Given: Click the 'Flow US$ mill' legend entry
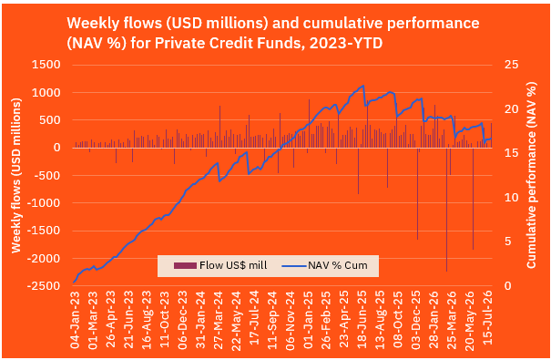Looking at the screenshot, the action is (220, 265).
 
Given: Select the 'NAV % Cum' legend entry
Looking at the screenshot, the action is (325, 265).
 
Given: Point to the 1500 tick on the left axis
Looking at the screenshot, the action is (46, 65).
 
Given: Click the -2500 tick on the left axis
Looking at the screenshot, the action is (43, 286).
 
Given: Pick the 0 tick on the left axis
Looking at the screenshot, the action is (57, 148).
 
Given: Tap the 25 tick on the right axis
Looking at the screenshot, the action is (511, 65).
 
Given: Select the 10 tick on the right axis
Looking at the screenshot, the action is (511, 197).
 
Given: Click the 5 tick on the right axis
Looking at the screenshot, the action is (508, 242).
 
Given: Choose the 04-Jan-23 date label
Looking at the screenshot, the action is (75, 320).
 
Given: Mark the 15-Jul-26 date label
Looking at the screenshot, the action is (488, 318).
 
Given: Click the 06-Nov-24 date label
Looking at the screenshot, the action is (291, 320).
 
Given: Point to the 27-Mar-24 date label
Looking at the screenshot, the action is (219, 320).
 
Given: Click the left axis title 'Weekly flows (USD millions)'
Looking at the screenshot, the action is (16, 175).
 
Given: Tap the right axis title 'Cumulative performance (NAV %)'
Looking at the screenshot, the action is (531, 175).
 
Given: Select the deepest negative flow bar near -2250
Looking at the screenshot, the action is (446, 210).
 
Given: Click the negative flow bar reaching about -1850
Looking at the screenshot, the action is (473, 199).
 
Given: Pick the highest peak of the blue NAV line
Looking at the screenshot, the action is (363, 86).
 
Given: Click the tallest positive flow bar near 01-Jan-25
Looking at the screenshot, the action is (310, 123).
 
